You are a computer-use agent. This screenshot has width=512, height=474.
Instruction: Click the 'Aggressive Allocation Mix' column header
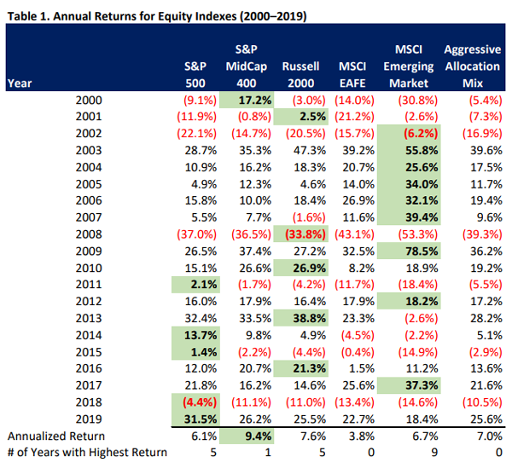point(472,66)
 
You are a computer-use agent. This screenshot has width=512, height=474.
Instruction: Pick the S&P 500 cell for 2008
point(195,234)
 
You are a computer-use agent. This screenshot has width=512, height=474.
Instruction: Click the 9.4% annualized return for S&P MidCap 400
point(248,436)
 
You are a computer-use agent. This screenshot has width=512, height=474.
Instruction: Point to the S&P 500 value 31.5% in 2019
point(195,419)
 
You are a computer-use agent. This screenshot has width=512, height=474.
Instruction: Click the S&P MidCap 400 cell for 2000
point(247,101)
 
